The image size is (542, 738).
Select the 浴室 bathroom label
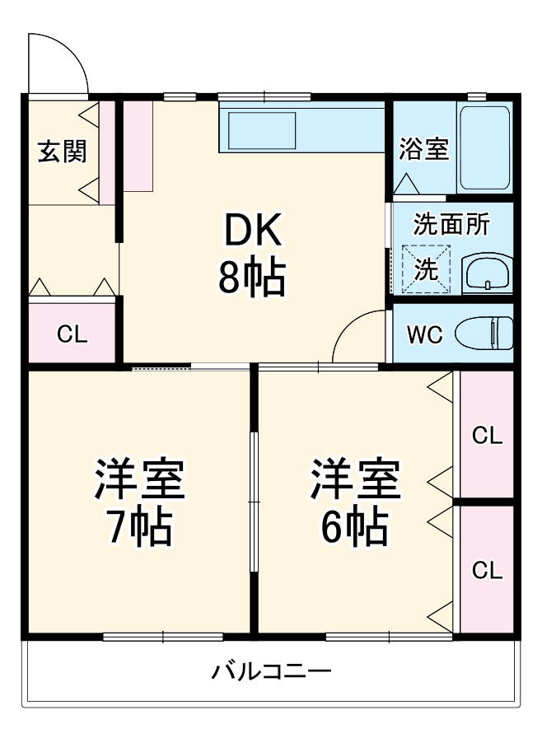423,150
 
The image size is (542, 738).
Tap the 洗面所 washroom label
451,224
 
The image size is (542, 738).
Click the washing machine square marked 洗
426,269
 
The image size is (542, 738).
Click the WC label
424,334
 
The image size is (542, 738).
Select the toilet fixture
489,334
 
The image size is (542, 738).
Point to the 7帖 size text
138,527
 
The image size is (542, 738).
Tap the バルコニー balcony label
272,671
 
